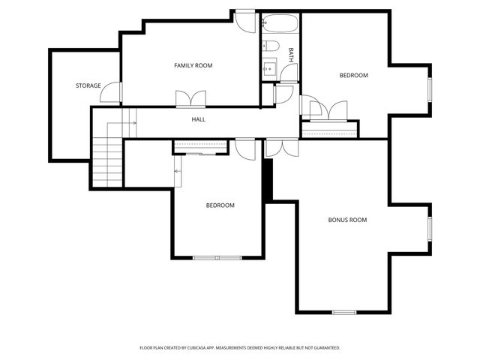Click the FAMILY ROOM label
pyautogui.click(x=193, y=66)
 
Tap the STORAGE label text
pyautogui.click(x=88, y=86)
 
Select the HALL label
pyautogui.click(x=199, y=119)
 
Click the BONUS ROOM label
pyautogui.click(x=347, y=220)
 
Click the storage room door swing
pyautogui.click(x=112, y=91)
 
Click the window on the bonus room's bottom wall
pyautogui.click(x=344, y=312)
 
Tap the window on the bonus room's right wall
pyautogui.click(x=430, y=229)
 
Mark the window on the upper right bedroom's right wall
pyautogui.click(x=430, y=88)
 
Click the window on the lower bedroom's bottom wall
pyautogui.click(x=217, y=258)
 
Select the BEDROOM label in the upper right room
pyautogui.click(x=354, y=75)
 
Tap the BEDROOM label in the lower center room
pyautogui.click(x=220, y=205)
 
